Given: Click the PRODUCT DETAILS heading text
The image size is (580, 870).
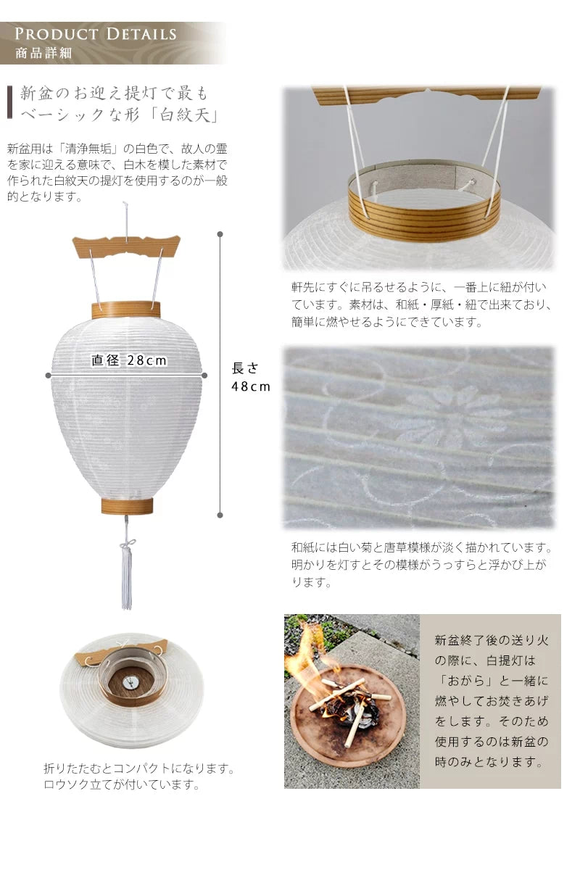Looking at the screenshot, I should [x=96, y=34].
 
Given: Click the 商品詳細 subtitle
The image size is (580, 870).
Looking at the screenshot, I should [x=43, y=54].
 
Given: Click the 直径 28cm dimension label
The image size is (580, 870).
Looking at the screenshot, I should [x=129, y=360].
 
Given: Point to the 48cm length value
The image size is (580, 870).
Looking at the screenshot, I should [x=250, y=386].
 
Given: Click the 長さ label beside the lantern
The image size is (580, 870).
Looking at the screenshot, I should [x=245, y=368].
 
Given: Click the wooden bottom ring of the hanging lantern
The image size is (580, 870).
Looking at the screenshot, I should [x=127, y=505].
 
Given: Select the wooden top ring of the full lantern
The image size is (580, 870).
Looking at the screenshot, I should [x=126, y=310].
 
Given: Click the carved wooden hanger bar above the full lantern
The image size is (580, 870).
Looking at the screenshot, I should [x=126, y=246].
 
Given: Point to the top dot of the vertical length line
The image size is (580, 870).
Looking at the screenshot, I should [x=220, y=235].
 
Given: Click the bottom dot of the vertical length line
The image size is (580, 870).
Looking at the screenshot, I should [x=220, y=515].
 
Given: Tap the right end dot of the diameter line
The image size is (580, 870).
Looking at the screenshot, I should [x=204, y=375].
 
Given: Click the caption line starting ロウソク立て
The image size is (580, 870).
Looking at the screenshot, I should [x=121, y=784].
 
